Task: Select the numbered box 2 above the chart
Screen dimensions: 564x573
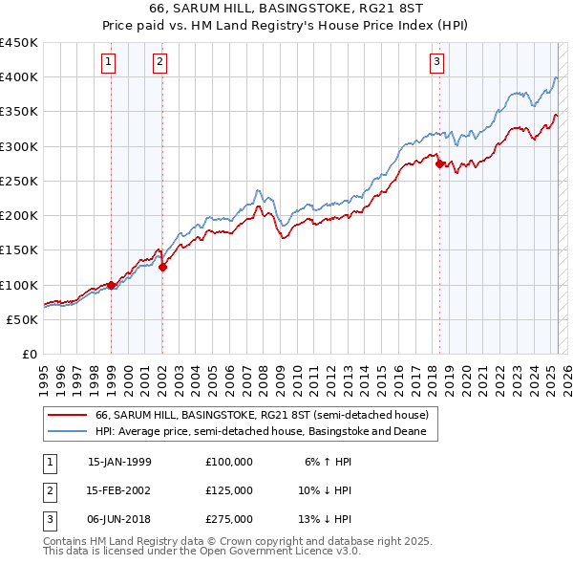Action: (x=159, y=63)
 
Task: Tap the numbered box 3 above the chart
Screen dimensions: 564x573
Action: (x=436, y=63)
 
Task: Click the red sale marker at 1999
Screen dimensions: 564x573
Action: (x=111, y=284)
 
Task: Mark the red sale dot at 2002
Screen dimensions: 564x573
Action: (x=163, y=268)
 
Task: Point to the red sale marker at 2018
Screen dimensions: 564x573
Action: (x=439, y=163)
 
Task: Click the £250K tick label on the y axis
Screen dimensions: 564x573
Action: (x=19, y=181)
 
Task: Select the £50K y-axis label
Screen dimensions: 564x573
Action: (x=23, y=319)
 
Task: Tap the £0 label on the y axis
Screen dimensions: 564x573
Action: (x=29, y=354)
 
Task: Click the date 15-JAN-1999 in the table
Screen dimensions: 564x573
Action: (x=119, y=462)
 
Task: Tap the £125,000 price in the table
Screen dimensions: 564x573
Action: (x=229, y=490)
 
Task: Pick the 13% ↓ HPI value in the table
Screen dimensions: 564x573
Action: (x=329, y=519)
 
